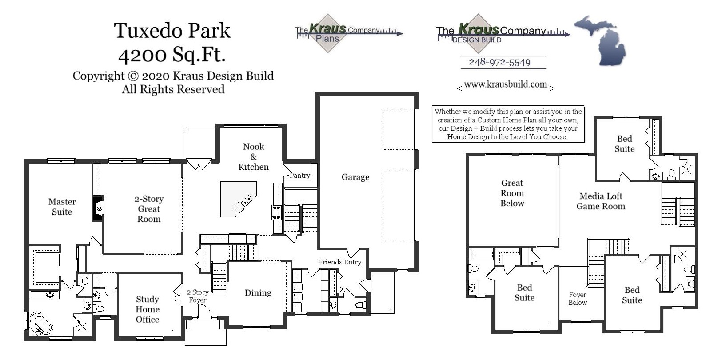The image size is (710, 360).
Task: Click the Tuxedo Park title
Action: click(x=172, y=31)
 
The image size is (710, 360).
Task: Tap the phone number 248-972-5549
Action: click(x=499, y=62)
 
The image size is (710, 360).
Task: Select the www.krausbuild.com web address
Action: click(x=505, y=84)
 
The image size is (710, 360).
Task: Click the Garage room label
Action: click(x=355, y=177)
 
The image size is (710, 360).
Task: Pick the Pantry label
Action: click(x=300, y=176)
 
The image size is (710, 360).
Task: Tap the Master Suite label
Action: click(x=62, y=207)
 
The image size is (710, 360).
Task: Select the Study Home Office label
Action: click(x=148, y=309)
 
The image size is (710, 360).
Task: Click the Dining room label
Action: click(x=258, y=293)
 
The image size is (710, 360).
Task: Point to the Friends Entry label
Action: click(x=340, y=262)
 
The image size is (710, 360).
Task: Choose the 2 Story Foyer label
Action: click(x=198, y=296)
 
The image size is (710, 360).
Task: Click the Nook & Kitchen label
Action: click(x=253, y=157)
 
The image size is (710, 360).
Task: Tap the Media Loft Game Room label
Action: click(x=601, y=201)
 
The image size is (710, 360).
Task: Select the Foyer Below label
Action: click(x=578, y=299)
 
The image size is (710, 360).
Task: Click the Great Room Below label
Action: click(x=512, y=193)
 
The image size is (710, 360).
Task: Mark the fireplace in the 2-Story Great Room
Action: click(x=98, y=208)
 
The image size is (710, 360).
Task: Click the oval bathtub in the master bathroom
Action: click(x=41, y=323)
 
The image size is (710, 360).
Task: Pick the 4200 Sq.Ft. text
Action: click(x=172, y=55)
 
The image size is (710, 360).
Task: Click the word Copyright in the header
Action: click(x=98, y=76)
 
